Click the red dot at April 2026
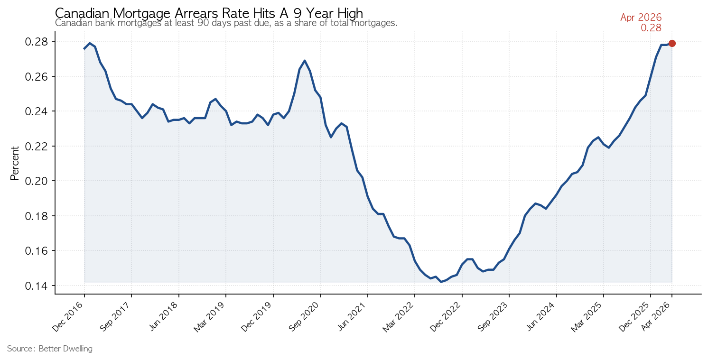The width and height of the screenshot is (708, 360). (672, 44)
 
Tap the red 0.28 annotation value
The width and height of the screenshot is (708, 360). (651, 28)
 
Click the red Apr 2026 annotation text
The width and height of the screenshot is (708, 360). (641, 18)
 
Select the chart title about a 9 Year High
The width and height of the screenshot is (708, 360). (209, 13)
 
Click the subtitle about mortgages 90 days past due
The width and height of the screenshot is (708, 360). (226, 23)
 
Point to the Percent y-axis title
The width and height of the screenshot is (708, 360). (15, 163)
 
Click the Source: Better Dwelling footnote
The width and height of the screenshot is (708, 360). (50, 349)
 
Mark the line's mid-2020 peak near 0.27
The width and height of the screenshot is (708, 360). (304, 60)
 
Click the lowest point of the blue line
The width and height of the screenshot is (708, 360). (441, 282)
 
